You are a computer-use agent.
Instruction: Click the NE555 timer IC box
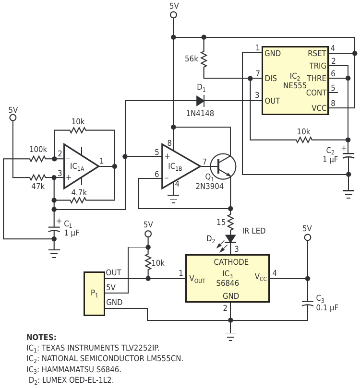[x=295, y=81]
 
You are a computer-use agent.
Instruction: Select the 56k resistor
[x=204, y=59]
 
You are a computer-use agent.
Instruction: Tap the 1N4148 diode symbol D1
[x=200, y=101]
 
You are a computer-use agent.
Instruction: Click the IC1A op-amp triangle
[x=81, y=166]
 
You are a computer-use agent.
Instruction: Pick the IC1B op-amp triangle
[x=181, y=166]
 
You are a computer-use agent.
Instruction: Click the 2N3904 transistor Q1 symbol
[x=223, y=166]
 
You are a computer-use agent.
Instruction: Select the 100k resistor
[x=37, y=159]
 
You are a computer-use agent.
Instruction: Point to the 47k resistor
[x=37, y=177]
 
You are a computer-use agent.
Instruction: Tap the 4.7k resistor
[x=78, y=200]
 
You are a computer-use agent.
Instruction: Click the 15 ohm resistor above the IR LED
[x=230, y=222]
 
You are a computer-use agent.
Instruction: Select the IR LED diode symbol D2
[x=230, y=239]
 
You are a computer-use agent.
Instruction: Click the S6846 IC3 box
[x=228, y=278]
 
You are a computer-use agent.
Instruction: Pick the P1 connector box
[x=95, y=294]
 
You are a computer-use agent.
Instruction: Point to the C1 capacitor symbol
[x=54, y=229]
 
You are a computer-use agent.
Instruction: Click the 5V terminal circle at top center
[x=174, y=15]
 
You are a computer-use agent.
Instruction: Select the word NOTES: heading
[x=41, y=337]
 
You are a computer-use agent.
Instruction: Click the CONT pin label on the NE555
[x=316, y=93]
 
